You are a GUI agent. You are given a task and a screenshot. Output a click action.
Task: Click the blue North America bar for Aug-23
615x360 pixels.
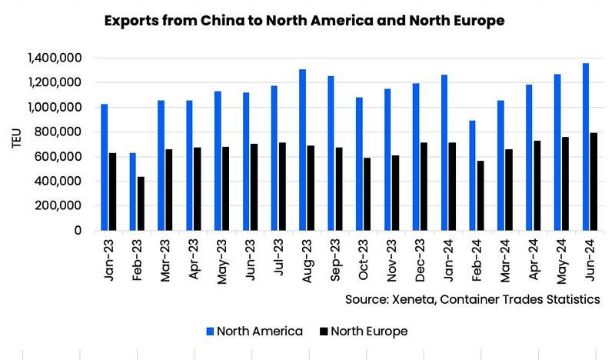(302, 150)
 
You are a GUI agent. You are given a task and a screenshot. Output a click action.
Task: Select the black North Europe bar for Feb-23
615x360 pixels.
(141, 204)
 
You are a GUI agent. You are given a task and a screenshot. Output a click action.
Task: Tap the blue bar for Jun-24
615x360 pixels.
(586, 147)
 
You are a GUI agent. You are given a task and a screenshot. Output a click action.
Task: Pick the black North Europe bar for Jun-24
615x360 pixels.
(594, 182)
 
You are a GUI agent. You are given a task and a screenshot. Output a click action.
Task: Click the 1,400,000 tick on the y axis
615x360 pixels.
(55, 58)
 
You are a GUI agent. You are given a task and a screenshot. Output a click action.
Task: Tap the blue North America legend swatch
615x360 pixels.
(210, 332)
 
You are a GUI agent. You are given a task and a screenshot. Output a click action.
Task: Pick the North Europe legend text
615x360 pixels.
(370, 332)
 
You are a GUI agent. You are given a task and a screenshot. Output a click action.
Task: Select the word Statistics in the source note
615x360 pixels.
(572, 298)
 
